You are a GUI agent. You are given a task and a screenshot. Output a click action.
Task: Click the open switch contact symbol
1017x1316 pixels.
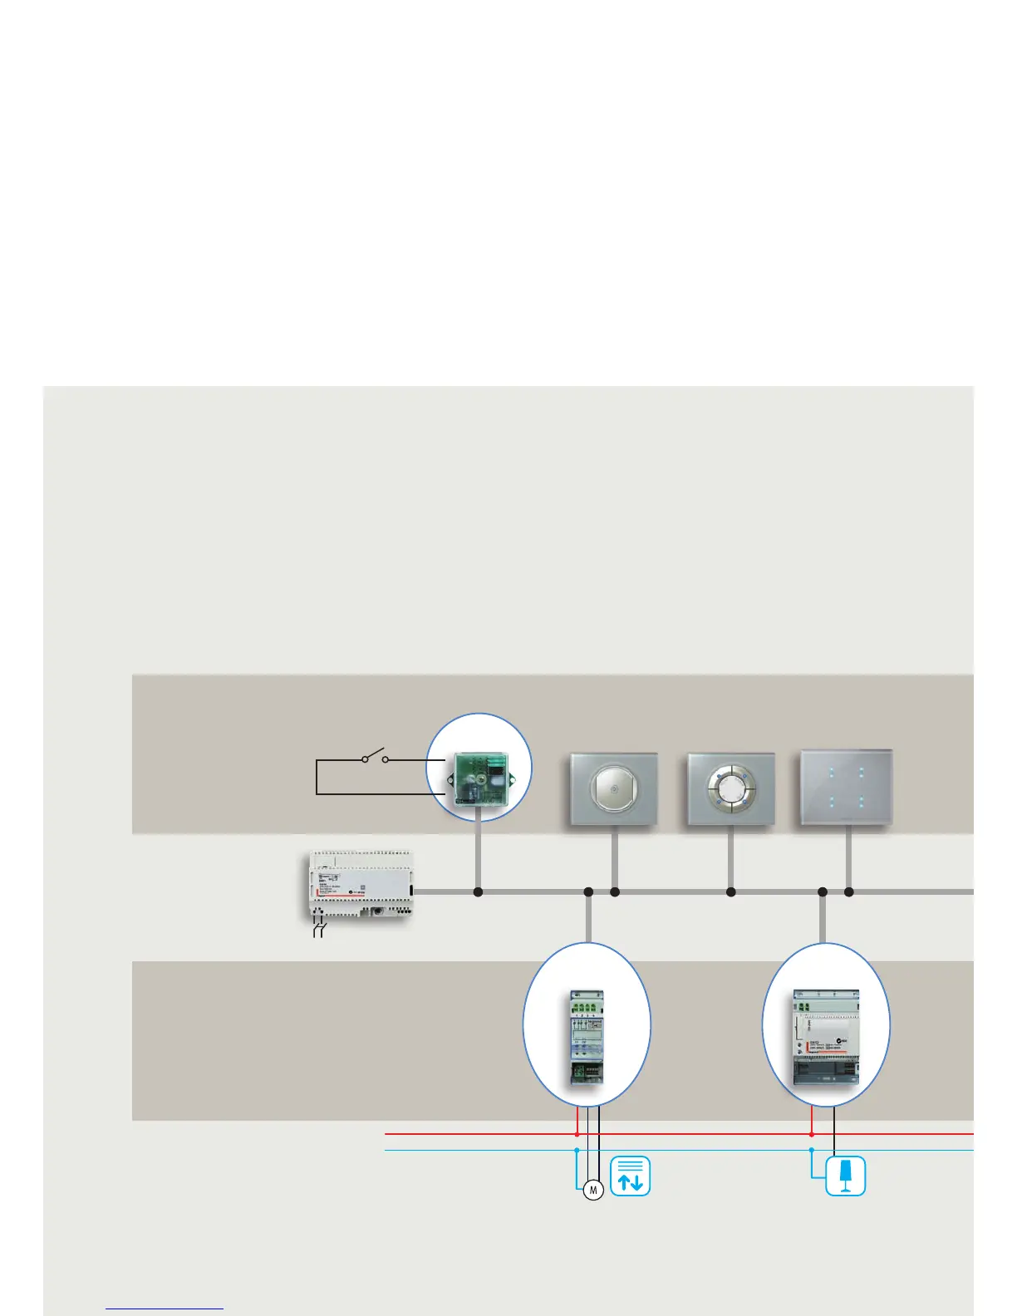tap(375, 757)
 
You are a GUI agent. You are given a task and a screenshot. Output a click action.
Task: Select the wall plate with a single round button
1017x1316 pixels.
tap(614, 789)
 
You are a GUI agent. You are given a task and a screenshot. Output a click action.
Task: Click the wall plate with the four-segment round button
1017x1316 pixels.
tap(731, 789)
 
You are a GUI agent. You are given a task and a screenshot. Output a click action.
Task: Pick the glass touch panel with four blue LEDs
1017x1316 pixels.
tap(847, 788)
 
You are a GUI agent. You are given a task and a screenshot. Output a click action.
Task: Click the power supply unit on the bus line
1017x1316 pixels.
tap(359, 885)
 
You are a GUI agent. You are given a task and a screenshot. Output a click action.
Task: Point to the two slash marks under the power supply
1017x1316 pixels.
tap(319, 929)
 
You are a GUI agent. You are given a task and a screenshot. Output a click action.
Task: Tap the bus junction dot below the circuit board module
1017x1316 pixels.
tap(478, 892)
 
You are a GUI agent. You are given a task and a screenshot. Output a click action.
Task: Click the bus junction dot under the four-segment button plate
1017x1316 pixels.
tap(731, 892)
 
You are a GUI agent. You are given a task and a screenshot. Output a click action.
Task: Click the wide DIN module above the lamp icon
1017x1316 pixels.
tap(827, 1038)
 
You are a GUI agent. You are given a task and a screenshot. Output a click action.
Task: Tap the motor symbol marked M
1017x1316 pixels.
tap(593, 1191)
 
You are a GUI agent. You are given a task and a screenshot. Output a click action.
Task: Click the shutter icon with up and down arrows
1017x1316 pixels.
tap(631, 1176)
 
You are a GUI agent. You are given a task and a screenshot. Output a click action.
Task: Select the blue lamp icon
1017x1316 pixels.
tap(846, 1176)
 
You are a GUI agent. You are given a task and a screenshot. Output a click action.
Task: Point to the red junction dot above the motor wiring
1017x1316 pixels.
tap(577, 1133)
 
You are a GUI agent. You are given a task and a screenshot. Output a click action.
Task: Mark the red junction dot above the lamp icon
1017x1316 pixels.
tap(812, 1133)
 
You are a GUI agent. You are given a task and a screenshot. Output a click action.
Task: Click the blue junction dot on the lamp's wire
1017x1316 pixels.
tap(812, 1150)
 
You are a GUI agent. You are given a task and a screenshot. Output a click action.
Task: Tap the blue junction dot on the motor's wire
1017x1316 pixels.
tap(577, 1150)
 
